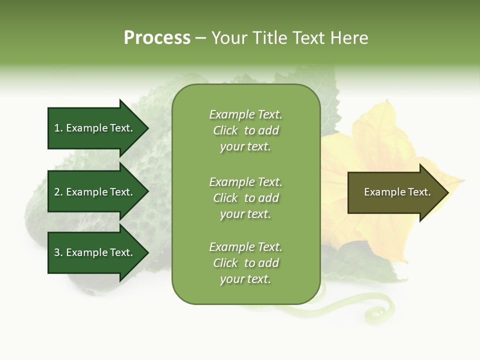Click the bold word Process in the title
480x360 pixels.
(157, 37)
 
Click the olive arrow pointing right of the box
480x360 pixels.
(395, 192)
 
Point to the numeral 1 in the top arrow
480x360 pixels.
(57, 128)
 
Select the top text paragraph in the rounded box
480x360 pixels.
(245, 130)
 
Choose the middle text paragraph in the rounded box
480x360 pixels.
(245, 198)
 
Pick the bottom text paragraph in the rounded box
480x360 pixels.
(245, 263)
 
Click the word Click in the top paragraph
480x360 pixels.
(225, 130)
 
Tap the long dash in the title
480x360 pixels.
(200, 38)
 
